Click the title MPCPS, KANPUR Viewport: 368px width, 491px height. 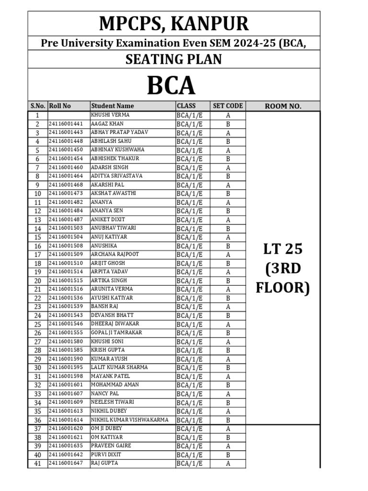(173, 23)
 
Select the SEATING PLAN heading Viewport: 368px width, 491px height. (173, 59)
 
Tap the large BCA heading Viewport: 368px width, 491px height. (171, 85)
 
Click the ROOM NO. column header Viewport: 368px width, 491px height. (283, 106)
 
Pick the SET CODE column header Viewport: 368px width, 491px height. (228, 106)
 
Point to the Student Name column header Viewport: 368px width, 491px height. (113, 106)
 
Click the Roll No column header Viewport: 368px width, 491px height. (60, 106)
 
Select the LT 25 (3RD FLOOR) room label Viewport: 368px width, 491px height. (283, 268)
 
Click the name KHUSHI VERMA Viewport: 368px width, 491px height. (110, 115)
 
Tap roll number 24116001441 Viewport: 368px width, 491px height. (66, 124)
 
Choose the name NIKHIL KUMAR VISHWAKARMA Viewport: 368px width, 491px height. (129, 420)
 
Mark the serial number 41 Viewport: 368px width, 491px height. (37, 463)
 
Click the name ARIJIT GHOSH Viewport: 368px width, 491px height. (108, 263)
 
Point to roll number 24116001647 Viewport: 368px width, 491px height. (66, 463)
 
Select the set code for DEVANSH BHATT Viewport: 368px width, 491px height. (228, 316)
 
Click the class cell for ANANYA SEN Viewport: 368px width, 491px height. (190, 211)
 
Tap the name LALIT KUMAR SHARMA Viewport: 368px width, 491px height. (119, 367)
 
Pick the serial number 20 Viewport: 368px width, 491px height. (37, 281)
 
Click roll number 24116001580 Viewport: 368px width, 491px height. (66, 341)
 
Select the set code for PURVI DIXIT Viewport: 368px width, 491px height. (228, 455)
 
